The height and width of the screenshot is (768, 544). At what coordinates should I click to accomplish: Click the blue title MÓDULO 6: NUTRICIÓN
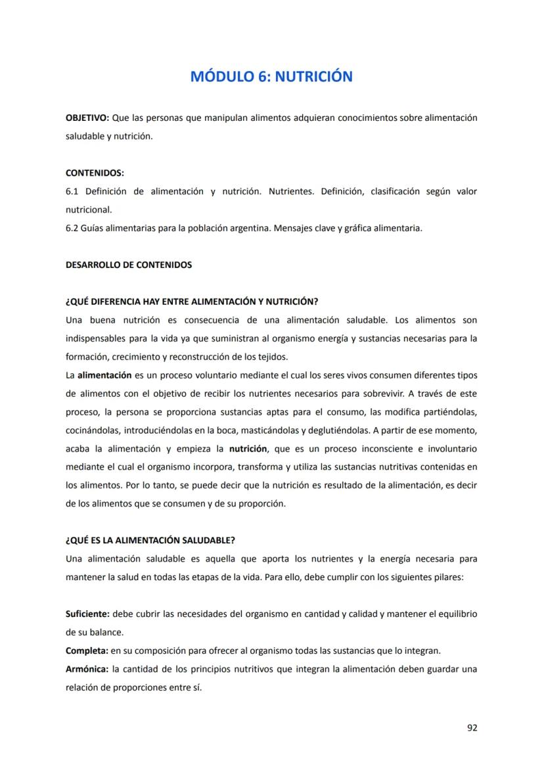click(x=271, y=77)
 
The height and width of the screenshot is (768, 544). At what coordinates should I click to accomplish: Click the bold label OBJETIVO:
click(x=87, y=118)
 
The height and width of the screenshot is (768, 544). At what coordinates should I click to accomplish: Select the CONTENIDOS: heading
click(x=95, y=173)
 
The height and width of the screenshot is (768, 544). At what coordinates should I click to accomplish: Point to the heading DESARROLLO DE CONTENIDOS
click(x=129, y=265)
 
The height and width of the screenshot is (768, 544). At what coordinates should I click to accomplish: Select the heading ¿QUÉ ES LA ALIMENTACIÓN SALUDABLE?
click(x=150, y=541)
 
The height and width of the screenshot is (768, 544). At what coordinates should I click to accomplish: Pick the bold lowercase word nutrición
click(x=248, y=449)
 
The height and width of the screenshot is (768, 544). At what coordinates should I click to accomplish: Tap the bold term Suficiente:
click(x=87, y=614)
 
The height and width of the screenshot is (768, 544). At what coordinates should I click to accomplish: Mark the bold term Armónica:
click(x=87, y=669)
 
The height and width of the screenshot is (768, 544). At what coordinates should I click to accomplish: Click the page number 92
click(x=472, y=727)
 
